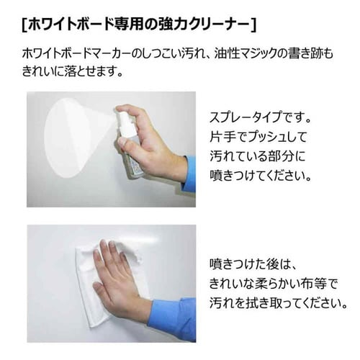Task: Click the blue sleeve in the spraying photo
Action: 189,173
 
